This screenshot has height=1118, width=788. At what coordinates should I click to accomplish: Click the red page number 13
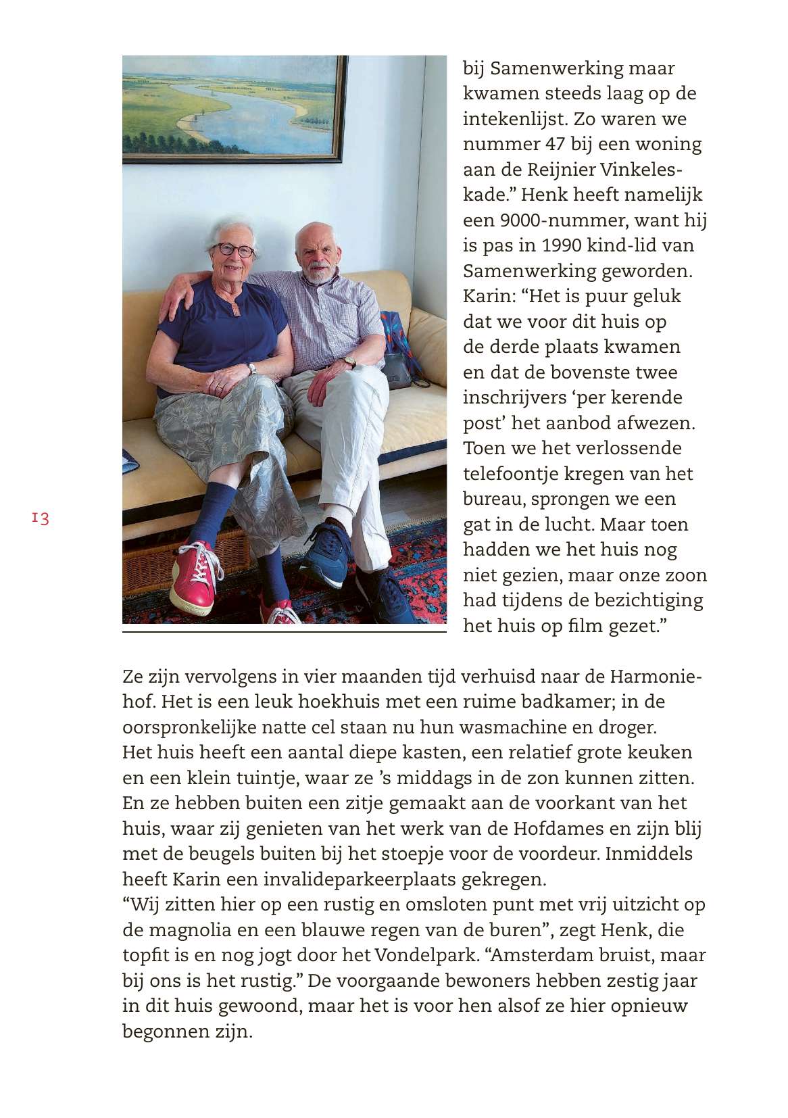tap(41, 518)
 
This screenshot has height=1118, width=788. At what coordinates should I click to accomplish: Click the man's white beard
tap(317, 273)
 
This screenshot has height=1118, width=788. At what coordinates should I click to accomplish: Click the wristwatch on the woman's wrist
tap(251, 368)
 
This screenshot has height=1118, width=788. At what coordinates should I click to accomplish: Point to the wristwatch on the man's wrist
tap(349, 362)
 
